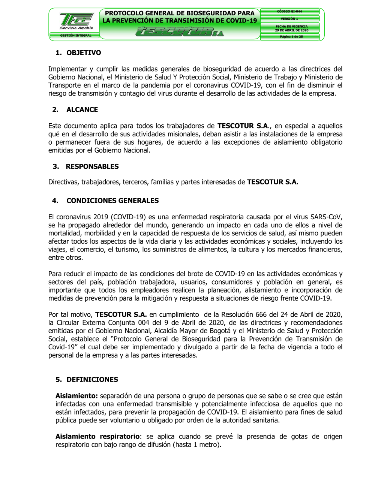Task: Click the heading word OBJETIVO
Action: coord(84,53)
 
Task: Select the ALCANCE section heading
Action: coord(82,110)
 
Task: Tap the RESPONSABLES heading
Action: coord(92,166)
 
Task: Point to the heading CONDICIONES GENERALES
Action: coord(112,201)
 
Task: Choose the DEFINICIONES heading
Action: coord(92,380)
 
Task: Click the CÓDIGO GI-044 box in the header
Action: coord(289,12)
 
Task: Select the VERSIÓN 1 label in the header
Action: coord(289,19)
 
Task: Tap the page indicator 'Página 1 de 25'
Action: coord(291,37)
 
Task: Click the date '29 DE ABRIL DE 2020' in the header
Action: coord(292,30)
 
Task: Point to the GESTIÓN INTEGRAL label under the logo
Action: coord(76,36)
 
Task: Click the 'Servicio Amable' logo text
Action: coord(76,28)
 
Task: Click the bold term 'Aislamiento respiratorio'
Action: coord(97,437)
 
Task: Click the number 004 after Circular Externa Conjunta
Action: coord(144,323)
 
